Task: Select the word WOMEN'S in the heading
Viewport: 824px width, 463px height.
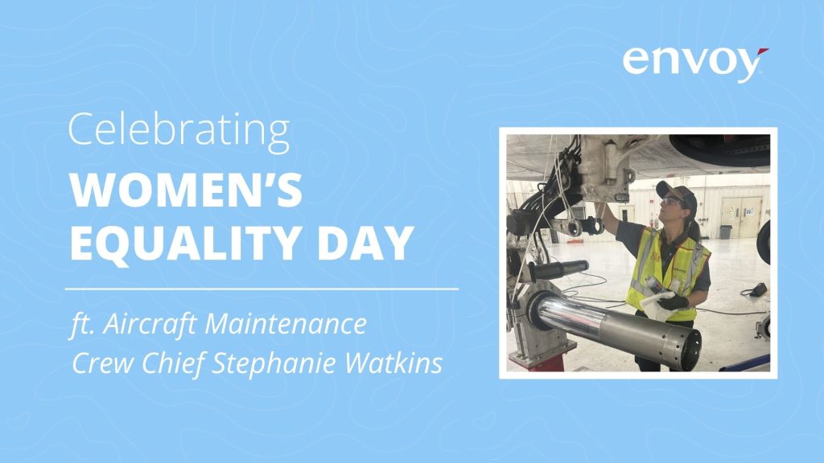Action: (x=186, y=190)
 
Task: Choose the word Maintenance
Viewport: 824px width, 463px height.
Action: (x=286, y=323)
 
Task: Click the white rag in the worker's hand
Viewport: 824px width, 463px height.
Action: (x=657, y=306)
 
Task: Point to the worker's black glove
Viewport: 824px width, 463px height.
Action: (x=673, y=302)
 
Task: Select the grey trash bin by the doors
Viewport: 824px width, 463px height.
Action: (x=725, y=231)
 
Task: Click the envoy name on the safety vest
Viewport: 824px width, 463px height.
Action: (x=680, y=271)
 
